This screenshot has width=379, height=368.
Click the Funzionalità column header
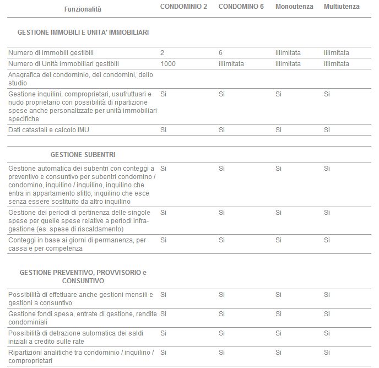(x=83, y=9)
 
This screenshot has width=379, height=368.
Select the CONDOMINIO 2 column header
(x=183, y=7)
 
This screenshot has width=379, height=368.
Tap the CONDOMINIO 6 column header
(x=241, y=7)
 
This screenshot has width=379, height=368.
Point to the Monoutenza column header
(x=294, y=7)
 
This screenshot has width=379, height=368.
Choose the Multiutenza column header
(x=342, y=7)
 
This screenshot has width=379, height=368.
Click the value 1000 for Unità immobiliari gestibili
(x=168, y=64)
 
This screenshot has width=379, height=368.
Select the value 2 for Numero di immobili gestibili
(x=163, y=53)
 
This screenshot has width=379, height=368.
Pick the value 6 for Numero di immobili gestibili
(x=220, y=53)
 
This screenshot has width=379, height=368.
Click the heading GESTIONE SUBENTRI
(x=83, y=154)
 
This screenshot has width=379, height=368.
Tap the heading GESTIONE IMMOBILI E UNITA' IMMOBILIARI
(x=83, y=33)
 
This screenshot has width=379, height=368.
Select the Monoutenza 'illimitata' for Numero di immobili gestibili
(x=288, y=53)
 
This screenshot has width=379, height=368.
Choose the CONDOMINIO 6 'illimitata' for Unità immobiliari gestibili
(x=231, y=64)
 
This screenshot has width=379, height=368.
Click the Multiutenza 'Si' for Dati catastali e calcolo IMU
(x=327, y=130)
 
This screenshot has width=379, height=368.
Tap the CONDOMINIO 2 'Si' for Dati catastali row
(x=163, y=130)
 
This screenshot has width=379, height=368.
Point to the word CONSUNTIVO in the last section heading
(x=83, y=280)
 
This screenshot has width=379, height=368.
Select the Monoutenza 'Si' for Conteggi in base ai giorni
(x=279, y=240)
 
